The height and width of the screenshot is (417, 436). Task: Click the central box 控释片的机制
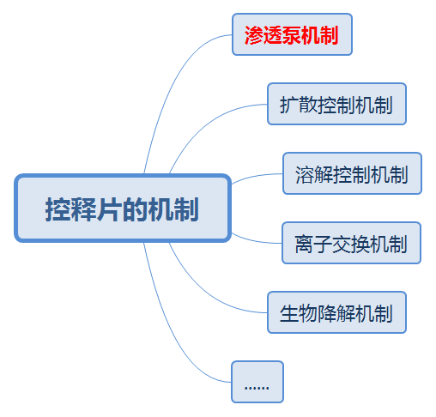(123, 208)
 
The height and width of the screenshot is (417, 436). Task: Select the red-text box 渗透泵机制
(292, 34)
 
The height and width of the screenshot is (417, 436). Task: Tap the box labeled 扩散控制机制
(336, 104)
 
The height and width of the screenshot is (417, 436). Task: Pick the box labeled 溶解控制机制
(352, 173)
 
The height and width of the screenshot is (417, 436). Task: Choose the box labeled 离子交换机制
(351, 243)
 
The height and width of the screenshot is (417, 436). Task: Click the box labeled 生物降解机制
(336, 312)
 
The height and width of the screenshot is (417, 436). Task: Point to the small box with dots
(257, 382)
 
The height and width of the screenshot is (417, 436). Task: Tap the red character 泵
(292, 35)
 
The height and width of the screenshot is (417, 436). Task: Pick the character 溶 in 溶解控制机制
(305, 174)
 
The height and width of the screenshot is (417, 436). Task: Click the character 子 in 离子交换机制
(323, 244)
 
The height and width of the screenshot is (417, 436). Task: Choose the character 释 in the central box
(84, 209)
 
